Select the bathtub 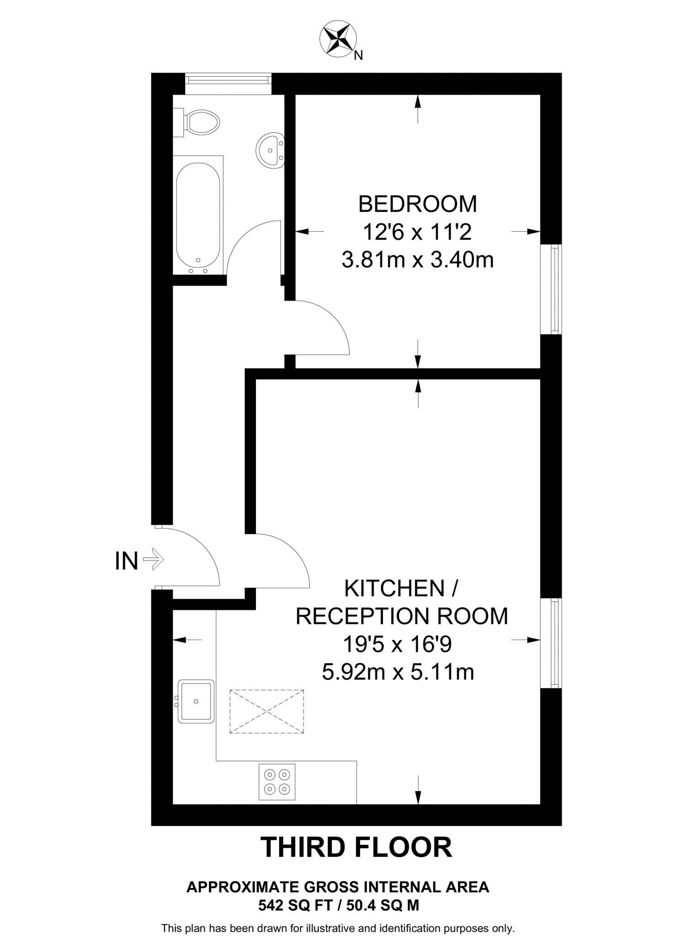click(198, 215)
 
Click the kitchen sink click(196, 701)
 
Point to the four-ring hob click(277, 782)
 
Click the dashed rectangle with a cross click(266, 712)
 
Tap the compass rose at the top click(338, 40)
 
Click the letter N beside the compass click(359, 56)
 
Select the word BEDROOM click(417, 204)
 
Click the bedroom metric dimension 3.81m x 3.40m click(417, 261)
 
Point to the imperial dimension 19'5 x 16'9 click(397, 644)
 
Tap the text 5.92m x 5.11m click(398, 672)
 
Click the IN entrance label click(127, 561)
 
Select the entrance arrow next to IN click(154, 559)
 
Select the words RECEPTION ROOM click(402, 616)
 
